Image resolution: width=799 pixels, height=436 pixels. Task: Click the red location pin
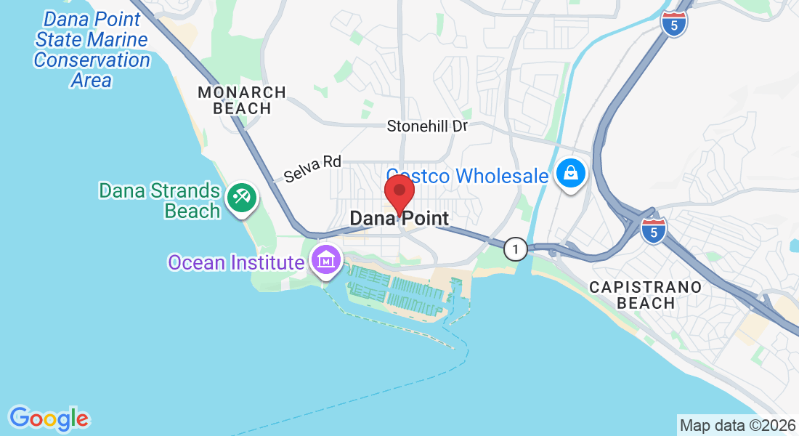(x=399, y=193)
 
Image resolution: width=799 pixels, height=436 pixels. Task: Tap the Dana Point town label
(x=399, y=218)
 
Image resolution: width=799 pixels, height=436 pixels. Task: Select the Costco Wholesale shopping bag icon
(x=571, y=174)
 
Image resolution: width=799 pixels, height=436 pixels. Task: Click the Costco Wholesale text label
(x=467, y=176)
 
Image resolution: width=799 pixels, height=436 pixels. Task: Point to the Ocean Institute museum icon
(x=326, y=259)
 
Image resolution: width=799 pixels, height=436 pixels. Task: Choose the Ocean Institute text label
(x=235, y=262)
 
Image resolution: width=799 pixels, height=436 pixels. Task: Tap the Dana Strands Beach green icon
(x=240, y=198)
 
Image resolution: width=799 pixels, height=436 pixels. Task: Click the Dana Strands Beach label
(x=160, y=201)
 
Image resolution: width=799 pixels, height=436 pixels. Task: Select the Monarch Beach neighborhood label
(x=242, y=100)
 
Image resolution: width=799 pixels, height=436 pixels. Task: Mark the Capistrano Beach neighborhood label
(x=645, y=295)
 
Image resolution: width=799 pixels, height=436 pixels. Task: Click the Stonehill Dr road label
(x=427, y=126)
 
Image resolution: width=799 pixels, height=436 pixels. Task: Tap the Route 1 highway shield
(x=515, y=249)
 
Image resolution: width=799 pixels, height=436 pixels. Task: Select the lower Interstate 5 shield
(x=654, y=230)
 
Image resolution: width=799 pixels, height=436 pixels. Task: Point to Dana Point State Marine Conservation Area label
(x=92, y=49)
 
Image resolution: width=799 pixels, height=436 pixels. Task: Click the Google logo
(x=49, y=419)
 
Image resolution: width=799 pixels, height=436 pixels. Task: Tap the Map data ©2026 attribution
(x=737, y=425)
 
